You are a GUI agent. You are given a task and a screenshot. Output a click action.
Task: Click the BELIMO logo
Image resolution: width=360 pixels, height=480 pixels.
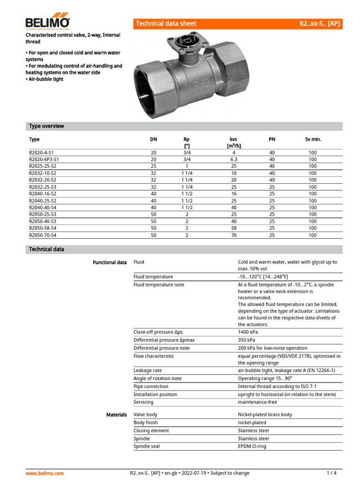(x=47, y=22)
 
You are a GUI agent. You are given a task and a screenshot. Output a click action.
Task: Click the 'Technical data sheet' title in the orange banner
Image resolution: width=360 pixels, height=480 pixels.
(x=166, y=23)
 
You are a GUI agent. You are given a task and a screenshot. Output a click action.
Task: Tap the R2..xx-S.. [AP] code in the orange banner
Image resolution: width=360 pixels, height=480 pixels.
(x=320, y=23)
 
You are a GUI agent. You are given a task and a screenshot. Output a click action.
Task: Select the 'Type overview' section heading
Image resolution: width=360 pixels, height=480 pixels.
(x=46, y=126)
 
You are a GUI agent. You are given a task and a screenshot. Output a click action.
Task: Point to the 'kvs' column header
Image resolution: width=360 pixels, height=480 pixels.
(x=233, y=139)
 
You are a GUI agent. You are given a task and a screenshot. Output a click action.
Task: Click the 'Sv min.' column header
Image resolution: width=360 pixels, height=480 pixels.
(x=313, y=139)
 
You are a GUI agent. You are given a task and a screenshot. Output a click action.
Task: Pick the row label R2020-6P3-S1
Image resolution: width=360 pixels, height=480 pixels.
(x=44, y=159)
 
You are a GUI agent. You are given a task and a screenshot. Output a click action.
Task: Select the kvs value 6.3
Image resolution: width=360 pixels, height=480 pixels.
(x=233, y=159)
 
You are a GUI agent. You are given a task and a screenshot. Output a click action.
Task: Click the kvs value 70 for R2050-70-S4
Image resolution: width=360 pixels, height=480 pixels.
(x=233, y=235)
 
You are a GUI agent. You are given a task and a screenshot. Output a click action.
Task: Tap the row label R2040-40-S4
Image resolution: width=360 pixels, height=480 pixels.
(x=43, y=207)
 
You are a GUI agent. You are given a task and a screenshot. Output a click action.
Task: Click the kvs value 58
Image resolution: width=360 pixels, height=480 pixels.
(x=233, y=228)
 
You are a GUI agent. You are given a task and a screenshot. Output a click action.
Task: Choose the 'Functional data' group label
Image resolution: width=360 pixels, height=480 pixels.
(x=110, y=262)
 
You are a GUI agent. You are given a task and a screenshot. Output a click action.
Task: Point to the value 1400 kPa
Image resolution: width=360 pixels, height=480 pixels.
(x=250, y=332)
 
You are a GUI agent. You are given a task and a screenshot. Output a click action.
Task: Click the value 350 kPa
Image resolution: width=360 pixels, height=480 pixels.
(x=249, y=340)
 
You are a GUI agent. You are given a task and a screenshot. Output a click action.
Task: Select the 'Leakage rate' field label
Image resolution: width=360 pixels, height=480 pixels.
(x=148, y=370)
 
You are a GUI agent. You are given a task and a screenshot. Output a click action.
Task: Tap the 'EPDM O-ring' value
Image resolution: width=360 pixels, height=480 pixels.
(x=252, y=446)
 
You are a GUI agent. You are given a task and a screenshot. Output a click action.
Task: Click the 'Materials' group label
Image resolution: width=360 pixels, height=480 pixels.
(x=116, y=414)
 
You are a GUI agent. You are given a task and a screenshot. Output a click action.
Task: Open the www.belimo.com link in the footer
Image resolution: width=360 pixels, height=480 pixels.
(x=45, y=473)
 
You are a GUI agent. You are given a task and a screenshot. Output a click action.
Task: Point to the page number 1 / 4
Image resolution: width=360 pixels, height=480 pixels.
(x=331, y=473)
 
